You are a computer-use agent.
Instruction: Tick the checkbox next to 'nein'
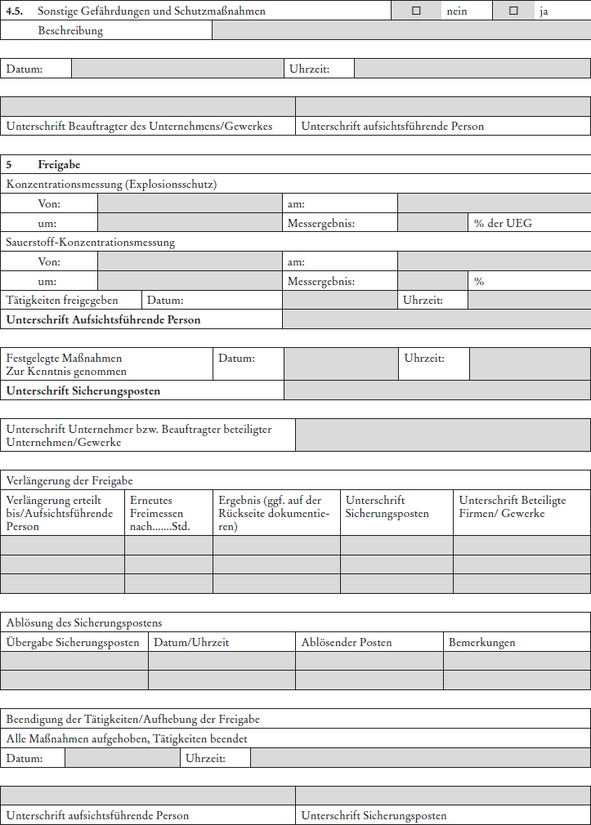pyautogui.click(x=416, y=11)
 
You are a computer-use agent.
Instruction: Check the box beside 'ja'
pyautogui.click(x=513, y=11)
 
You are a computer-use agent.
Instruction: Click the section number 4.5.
pyautogui.click(x=16, y=11)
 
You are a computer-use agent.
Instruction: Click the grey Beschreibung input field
pyautogui.click(x=401, y=30)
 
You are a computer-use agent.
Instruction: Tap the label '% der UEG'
pyautogui.click(x=503, y=223)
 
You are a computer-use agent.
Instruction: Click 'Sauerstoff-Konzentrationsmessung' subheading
pyautogui.click(x=91, y=243)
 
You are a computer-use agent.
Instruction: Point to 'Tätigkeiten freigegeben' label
pyautogui.click(x=62, y=301)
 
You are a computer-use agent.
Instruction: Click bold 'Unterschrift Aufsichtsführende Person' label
pyautogui.click(x=103, y=320)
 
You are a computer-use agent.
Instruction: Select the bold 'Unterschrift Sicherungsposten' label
pyautogui.click(x=83, y=390)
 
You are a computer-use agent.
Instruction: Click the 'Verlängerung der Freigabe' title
pyautogui.click(x=69, y=481)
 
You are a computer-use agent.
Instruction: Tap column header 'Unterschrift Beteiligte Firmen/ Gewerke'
pyautogui.click(x=513, y=506)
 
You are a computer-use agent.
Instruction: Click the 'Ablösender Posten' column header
pyautogui.click(x=347, y=642)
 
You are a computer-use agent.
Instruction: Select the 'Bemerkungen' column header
pyautogui.click(x=481, y=642)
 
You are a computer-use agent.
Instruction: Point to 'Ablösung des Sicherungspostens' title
pyautogui.click(x=84, y=623)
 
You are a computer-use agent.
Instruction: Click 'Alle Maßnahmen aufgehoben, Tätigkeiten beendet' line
pyautogui.click(x=127, y=738)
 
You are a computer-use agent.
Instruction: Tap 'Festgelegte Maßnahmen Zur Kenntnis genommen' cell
pyautogui.click(x=64, y=364)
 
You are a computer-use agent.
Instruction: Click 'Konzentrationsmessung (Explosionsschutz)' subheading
pyautogui.click(x=111, y=185)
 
